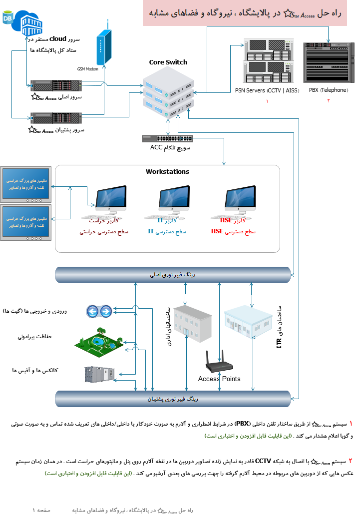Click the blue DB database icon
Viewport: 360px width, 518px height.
click(8, 19)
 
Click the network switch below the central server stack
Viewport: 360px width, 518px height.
click(168, 139)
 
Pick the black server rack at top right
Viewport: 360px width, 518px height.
click(328, 62)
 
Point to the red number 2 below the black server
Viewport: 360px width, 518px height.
click(329, 100)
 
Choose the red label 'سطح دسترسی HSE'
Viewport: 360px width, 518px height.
click(233, 232)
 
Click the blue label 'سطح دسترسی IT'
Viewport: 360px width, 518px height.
click(167, 232)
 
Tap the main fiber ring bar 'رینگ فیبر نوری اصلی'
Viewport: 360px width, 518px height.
click(173, 275)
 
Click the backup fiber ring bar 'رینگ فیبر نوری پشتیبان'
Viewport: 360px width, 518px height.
click(173, 399)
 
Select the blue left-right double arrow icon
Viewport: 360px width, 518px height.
click(99, 312)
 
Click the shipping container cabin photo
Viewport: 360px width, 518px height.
click(99, 374)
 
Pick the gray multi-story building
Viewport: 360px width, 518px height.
click(192, 324)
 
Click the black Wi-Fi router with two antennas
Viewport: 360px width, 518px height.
click(219, 363)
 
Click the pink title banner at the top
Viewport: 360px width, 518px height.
click(251, 13)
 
